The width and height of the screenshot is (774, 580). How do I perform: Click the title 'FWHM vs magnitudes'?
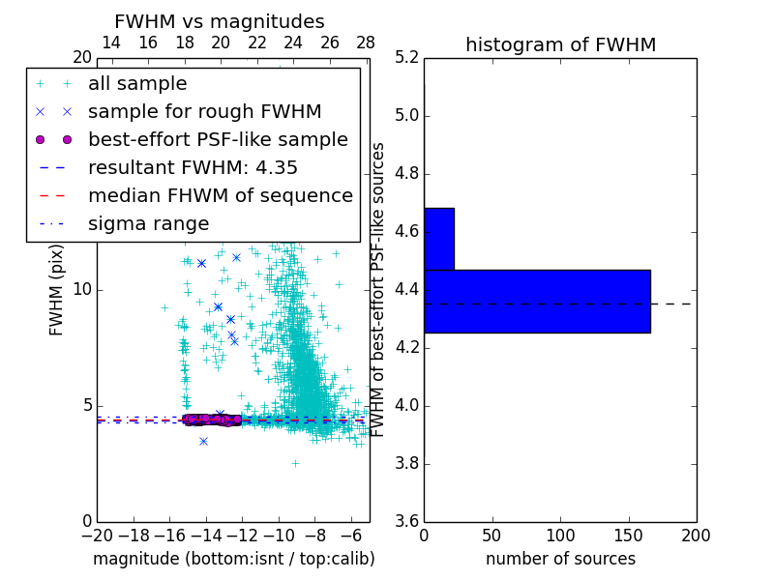point(219,21)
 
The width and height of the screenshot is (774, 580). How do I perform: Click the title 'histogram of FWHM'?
point(560,44)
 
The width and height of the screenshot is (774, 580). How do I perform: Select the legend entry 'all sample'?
point(137,84)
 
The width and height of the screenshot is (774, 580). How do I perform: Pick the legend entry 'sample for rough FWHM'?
point(204,111)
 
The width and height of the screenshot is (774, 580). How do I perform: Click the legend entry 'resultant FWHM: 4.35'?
point(193,167)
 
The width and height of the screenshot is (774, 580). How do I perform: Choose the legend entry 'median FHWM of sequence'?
point(220,195)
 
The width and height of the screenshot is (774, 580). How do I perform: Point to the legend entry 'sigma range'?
point(148,223)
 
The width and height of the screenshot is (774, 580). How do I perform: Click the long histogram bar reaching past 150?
point(537,301)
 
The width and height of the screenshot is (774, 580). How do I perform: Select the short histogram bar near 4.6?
point(438,239)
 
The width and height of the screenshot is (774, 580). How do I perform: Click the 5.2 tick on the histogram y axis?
point(407,58)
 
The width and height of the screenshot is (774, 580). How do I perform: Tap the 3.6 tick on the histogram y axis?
point(407,521)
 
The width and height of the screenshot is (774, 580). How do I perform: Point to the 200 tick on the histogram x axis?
point(696,536)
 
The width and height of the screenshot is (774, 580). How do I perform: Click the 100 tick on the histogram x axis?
point(560,536)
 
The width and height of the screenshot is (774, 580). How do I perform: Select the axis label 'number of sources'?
point(560,559)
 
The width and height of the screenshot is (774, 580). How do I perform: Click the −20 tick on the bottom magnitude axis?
point(97,536)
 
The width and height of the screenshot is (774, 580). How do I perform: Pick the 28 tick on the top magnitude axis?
point(366,43)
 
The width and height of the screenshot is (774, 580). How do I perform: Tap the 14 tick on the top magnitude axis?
point(111,43)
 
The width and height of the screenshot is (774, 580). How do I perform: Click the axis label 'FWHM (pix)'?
point(57,290)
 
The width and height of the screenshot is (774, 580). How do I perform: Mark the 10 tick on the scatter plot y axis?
point(82,290)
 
